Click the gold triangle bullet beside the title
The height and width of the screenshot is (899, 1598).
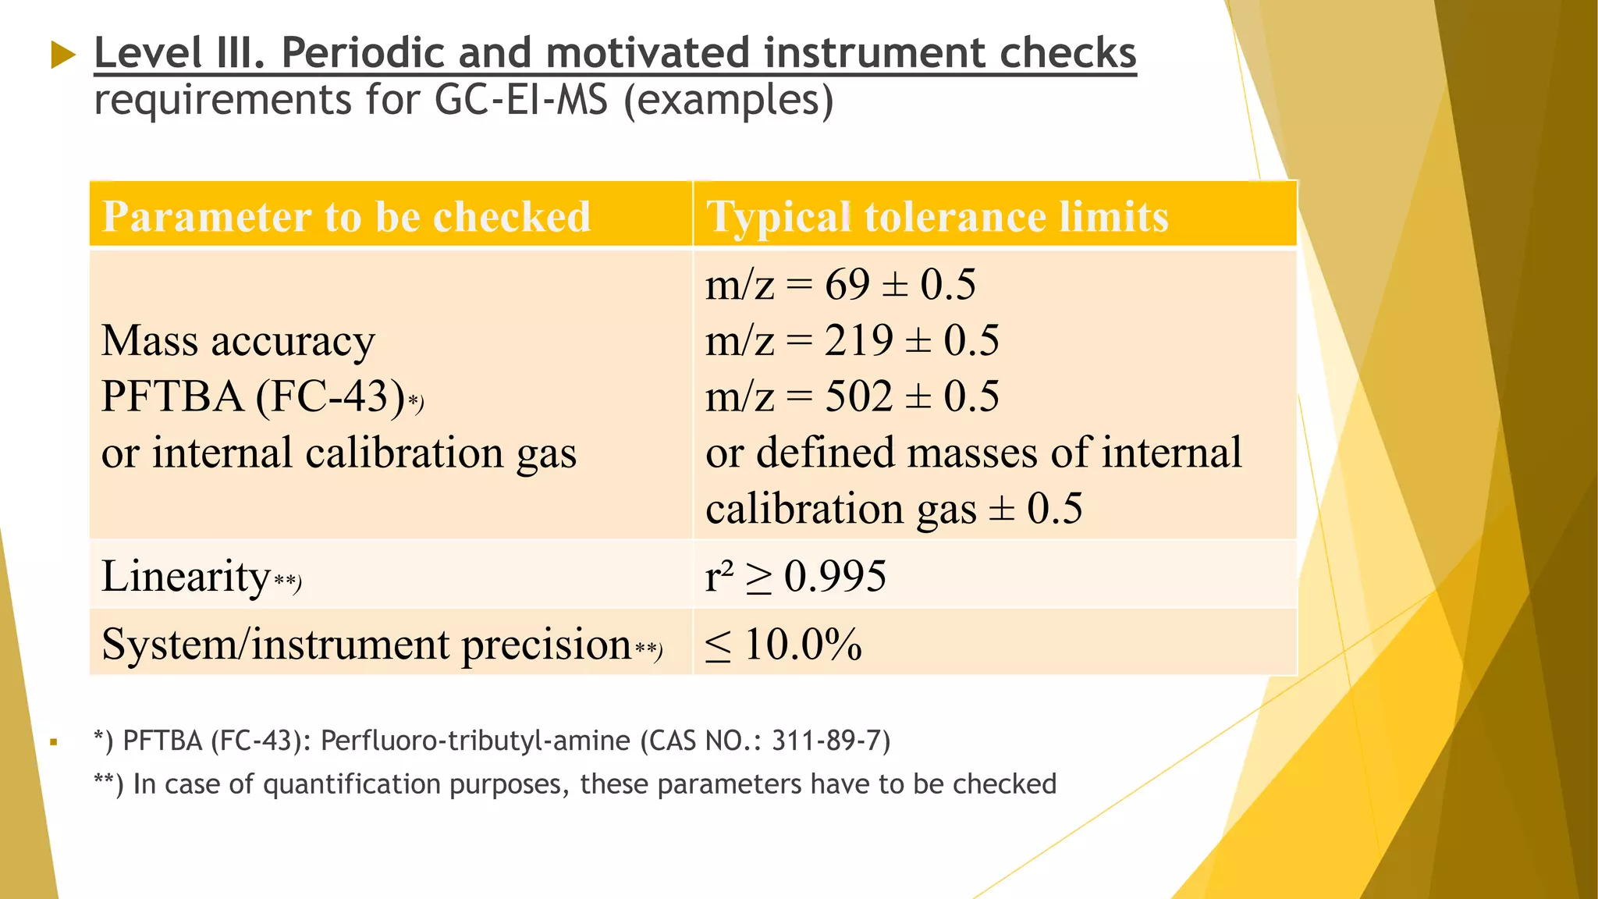[63, 55]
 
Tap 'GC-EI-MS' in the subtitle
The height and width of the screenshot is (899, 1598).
[520, 101]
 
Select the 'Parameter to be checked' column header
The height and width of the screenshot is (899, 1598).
[346, 216]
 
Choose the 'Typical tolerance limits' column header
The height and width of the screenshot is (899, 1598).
[937, 216]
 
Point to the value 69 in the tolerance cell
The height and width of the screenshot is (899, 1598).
[847, 284]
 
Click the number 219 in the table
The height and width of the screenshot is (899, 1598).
[858, 340]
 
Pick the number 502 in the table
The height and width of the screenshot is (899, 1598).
[858, 396]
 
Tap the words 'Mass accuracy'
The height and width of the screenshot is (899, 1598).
[238, 341]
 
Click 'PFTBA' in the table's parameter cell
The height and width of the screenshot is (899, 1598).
[172, 396]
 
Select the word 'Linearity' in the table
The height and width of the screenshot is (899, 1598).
[186, 576]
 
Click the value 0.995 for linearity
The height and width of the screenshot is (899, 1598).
[835, 577]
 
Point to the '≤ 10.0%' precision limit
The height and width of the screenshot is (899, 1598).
[783, 645]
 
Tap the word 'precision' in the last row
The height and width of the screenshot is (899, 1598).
[546, 645]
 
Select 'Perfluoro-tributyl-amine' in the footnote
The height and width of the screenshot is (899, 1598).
[475, 740]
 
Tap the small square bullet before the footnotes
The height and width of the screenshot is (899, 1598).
[54, 742]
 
